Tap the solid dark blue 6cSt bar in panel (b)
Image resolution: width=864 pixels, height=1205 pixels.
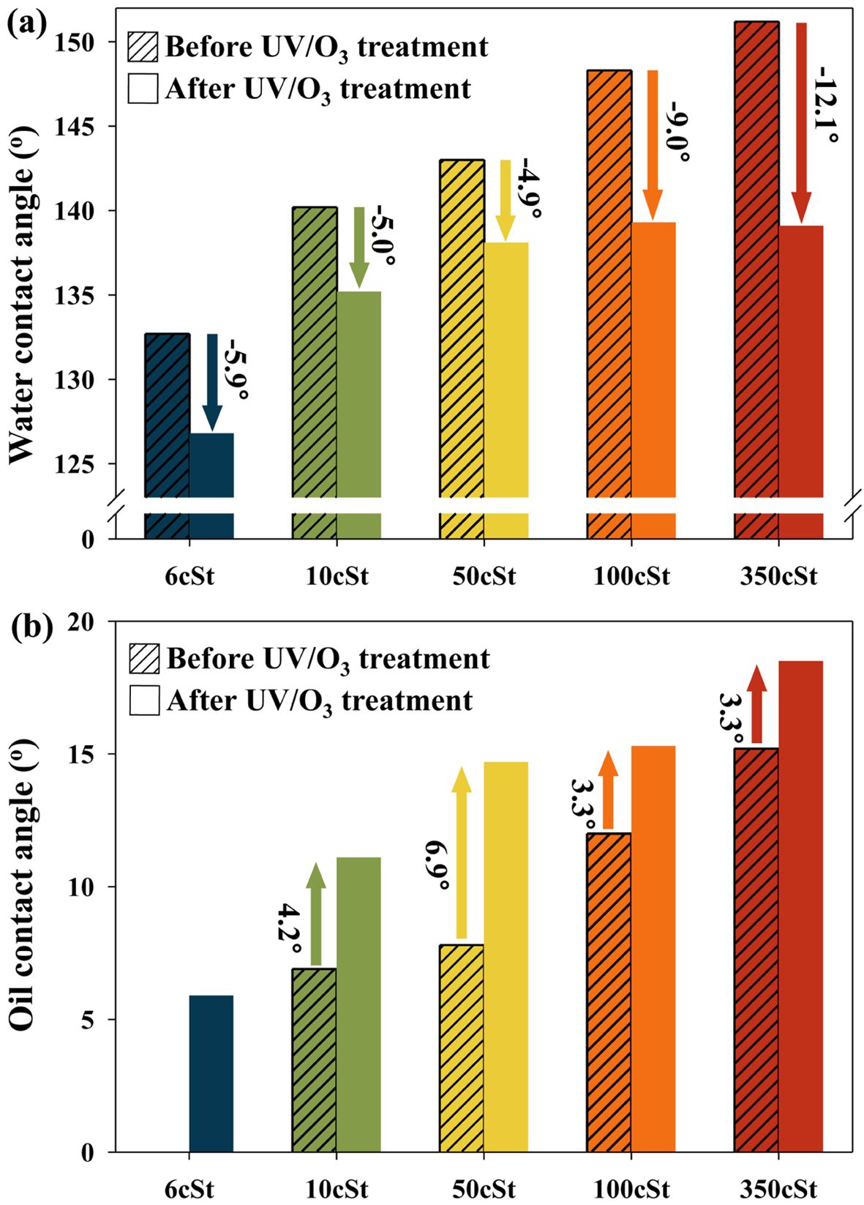point(211,1073)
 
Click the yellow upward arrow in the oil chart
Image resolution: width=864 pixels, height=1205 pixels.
point(461,853)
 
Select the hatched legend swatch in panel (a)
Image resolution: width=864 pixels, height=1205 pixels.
point(143,46)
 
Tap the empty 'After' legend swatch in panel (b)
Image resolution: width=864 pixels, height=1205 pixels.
point(144,701)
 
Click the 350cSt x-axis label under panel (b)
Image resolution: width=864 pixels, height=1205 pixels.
point(778,1187)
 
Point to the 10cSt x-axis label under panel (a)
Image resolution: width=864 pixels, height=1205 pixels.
point(337,576)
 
